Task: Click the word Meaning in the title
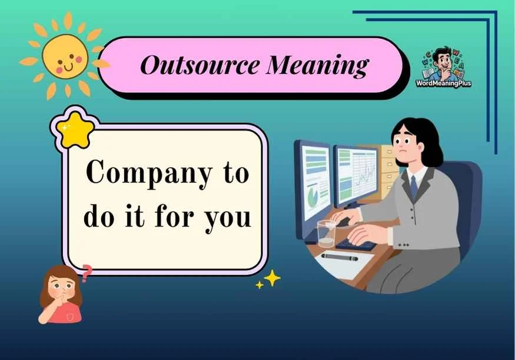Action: [x=317, y=65]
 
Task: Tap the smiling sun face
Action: [x=65, y=57]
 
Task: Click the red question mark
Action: [x=87, y=273]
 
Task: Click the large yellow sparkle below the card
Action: [x=272, y=278]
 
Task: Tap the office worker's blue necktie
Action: [x=414, y=188]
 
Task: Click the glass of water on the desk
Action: [x=325, y=234]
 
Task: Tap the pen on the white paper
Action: [x=338, y=256]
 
